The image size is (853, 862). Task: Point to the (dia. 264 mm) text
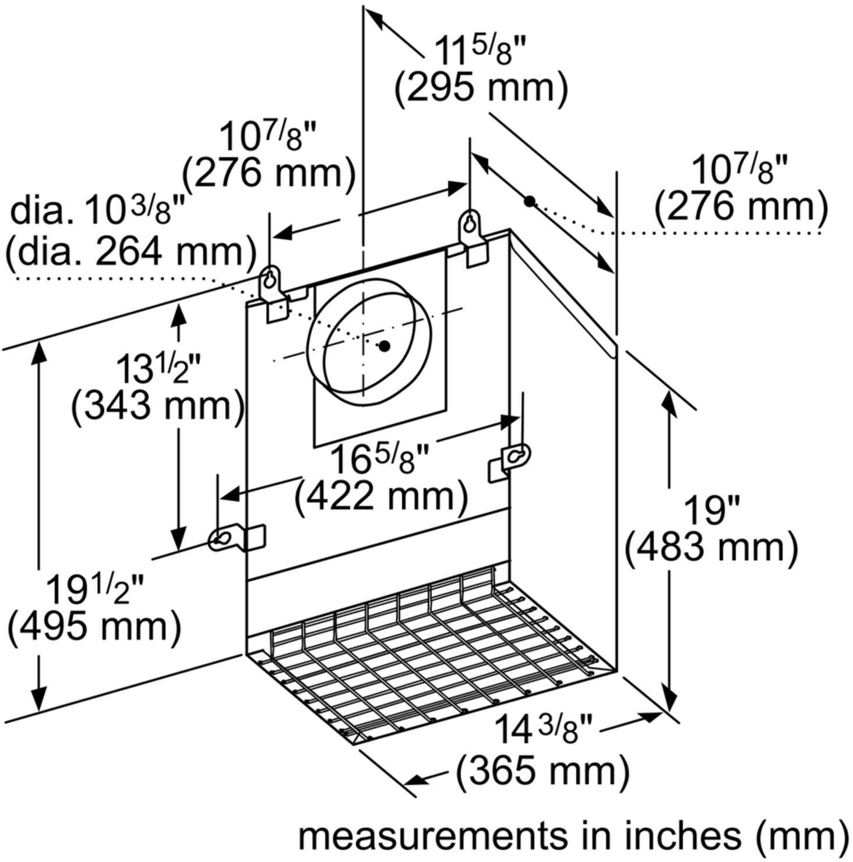click(131, 252)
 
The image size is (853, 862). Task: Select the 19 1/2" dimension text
click(95, 589)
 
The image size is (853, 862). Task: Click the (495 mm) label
click(95, 627)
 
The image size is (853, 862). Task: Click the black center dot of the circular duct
click(384, 346)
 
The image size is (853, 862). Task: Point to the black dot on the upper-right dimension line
click(529, 202)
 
